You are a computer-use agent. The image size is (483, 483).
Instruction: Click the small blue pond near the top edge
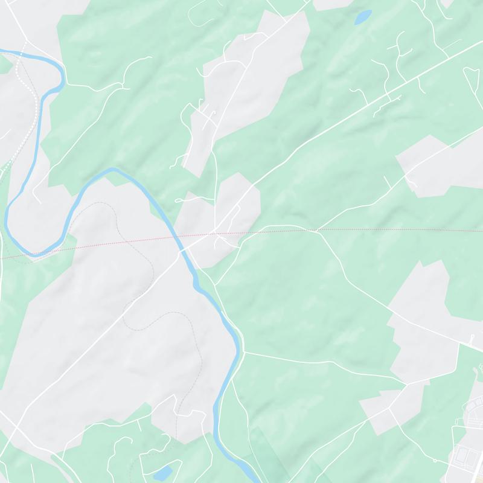363,18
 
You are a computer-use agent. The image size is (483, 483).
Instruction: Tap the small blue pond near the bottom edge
162,473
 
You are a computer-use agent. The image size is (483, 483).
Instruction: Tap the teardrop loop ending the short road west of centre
179,200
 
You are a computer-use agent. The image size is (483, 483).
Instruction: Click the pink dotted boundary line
362,230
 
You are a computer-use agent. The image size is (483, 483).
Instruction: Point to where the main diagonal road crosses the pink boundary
213,232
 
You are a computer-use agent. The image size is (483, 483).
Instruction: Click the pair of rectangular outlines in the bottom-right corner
465,453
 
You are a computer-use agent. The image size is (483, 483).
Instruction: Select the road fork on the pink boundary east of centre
313,230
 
